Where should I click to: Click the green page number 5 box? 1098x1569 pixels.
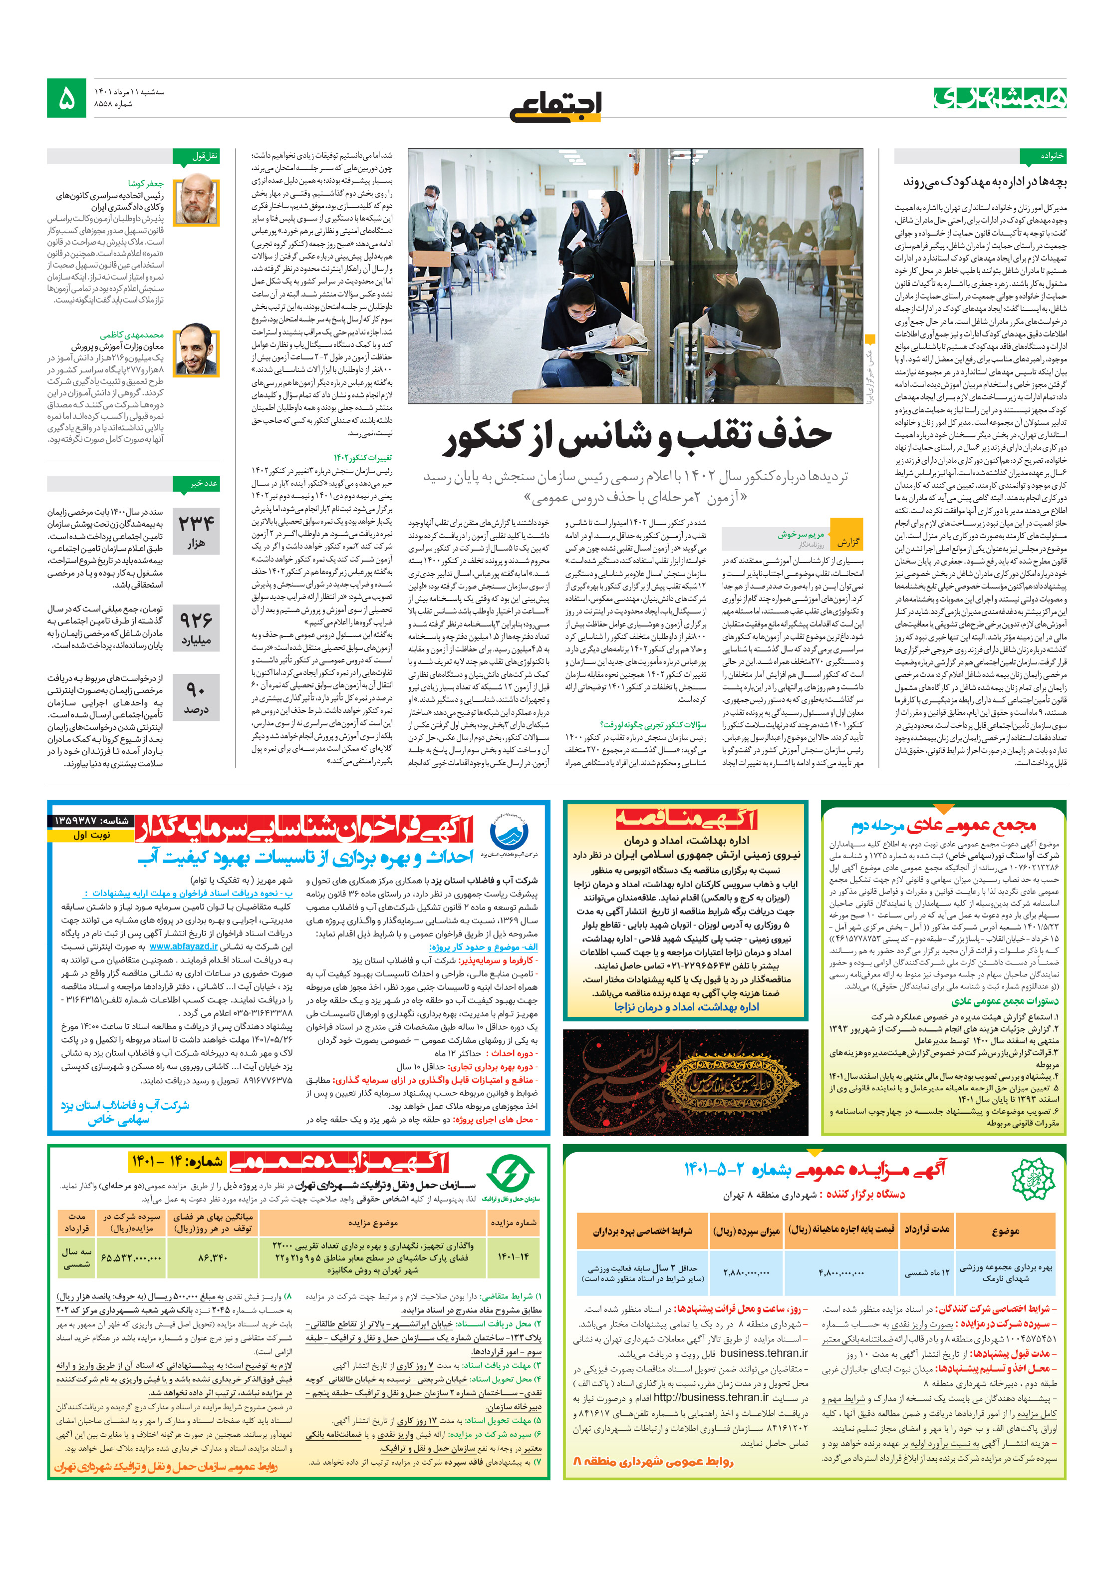66,98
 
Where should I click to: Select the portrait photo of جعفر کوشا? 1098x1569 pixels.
196,200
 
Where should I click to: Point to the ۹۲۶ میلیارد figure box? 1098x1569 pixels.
196,628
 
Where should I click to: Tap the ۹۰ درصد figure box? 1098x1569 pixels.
196,697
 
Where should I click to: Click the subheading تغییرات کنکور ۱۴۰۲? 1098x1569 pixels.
363,458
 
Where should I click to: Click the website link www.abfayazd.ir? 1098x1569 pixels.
184,946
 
